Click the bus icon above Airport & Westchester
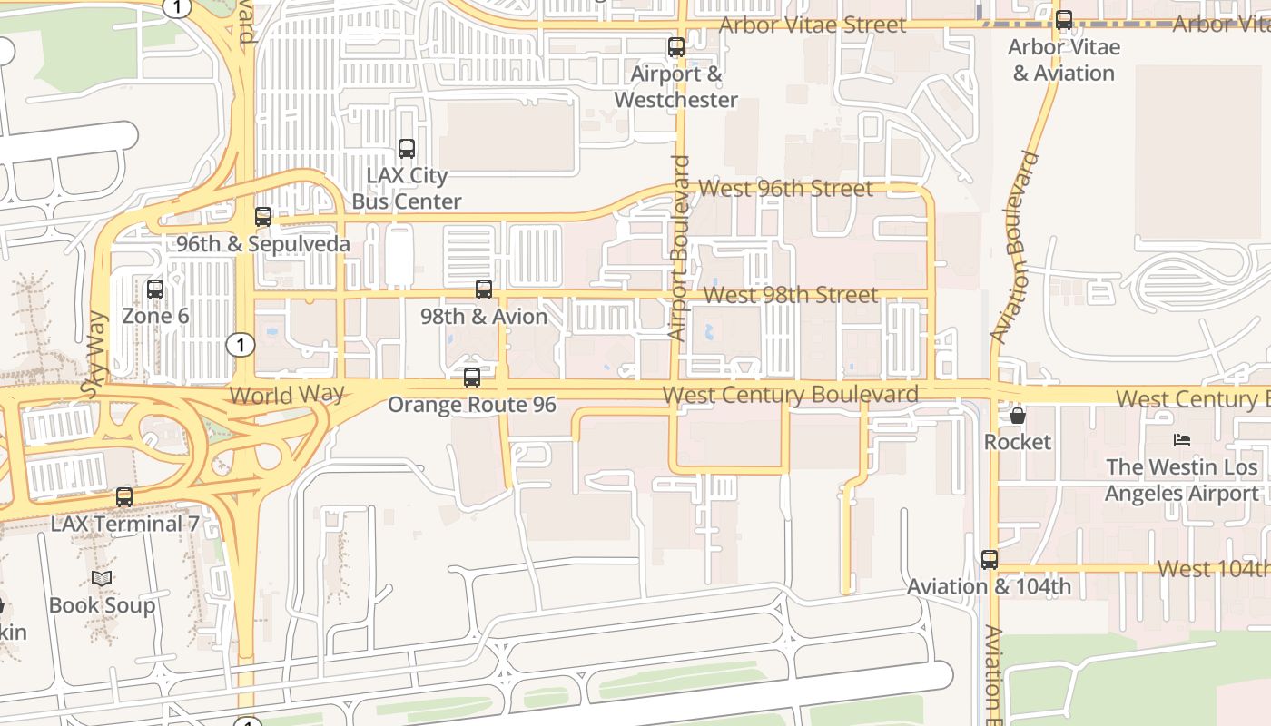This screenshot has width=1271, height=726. tap(676, 47)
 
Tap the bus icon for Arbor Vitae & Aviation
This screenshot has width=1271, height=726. tap(1064, 20)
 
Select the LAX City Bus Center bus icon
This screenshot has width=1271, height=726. tap(407, 148)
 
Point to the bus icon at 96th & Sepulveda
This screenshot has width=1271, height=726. tap(263, 217)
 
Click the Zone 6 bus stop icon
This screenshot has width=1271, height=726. tap(155, 289)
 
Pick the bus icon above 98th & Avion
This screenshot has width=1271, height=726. tap(484, 289)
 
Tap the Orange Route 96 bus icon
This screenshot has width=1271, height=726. tap(472, 378)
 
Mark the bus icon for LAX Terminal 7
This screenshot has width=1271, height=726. tap(124, 497)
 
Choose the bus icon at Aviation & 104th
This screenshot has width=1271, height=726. tap(990, 560)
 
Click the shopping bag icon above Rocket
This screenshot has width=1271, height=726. tap(1018, 416)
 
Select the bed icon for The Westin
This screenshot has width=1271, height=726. tap(1181, 440)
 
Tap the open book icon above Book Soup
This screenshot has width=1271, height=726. tap(102, 578)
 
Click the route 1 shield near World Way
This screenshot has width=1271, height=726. tap(241, 345)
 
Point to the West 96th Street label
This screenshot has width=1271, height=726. tap(785, 189)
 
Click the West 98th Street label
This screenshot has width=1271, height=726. tap(791, 295)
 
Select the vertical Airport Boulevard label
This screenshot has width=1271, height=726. tap(679, 249)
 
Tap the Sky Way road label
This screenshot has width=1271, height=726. tap(94, 354)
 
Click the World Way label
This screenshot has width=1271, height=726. tap(287, 395)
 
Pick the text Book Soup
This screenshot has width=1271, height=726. tap(102, 605)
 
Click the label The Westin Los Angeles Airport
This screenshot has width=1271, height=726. tap(1181, 480)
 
